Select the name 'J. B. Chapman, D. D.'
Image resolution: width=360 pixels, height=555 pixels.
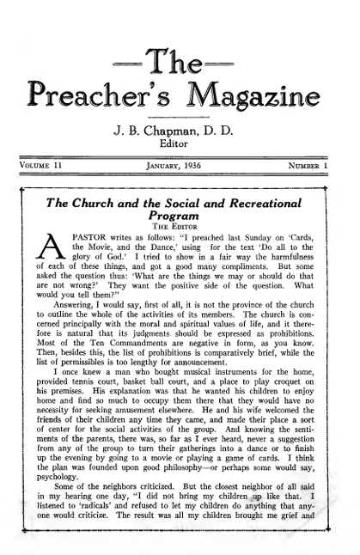click(x=180, y=131)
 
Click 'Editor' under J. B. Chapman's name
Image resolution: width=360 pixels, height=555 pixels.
click(x=180, y=145)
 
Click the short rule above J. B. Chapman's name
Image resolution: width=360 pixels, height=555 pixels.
click(x=180, y=116)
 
